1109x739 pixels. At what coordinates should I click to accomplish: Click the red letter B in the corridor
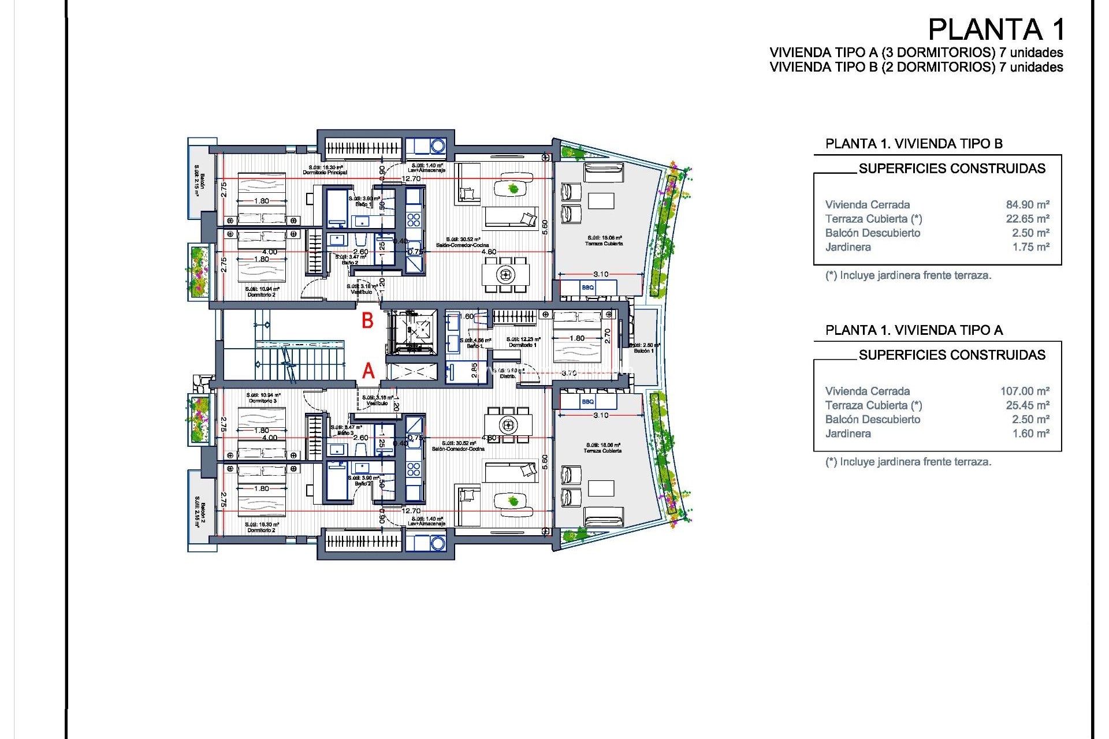pyautogui.click(x=367, y=321)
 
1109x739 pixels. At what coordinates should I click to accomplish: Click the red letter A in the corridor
pyautogui.click(x=369, y=371)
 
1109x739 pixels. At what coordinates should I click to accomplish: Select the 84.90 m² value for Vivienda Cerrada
pyautogui.click(x=1027, y=205)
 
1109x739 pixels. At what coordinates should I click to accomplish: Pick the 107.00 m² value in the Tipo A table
pyautogui.click(x=1024, y=391)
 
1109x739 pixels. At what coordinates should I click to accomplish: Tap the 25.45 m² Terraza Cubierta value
pyautogui.click(x=1027, y=405)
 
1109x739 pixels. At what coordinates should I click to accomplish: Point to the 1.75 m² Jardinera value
pyautogui.click(x=1030, y=247)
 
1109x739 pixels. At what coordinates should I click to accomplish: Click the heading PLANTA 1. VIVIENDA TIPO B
pyautogui.click(x=913, y=144)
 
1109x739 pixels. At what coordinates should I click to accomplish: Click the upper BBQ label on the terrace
pyautogui.click(x=587, y=288)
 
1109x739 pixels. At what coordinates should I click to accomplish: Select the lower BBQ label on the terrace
pyautogui.click(x=587, y=402)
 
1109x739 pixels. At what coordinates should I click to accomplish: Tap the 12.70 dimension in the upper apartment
pyautogui.click(x=411, y=179)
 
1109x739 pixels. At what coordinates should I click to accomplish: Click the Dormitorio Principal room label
pyautogui.click(x=325, y=173)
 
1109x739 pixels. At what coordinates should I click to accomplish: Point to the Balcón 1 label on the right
pyautogui.click(x=643, y=351)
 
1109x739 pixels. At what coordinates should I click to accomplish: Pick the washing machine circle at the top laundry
pyautogui.click(x=437, y=146)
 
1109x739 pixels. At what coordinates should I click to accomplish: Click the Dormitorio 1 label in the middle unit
pyautogui.click(x=523, y=345)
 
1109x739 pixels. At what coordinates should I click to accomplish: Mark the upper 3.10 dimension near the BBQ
pyautogui.click(x=601, y=274)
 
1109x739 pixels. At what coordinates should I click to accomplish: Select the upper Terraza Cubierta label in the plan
pyautogui.click(x=604, y=244)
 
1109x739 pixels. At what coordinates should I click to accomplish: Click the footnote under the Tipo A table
pyautogui.click(x=908, y=462)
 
